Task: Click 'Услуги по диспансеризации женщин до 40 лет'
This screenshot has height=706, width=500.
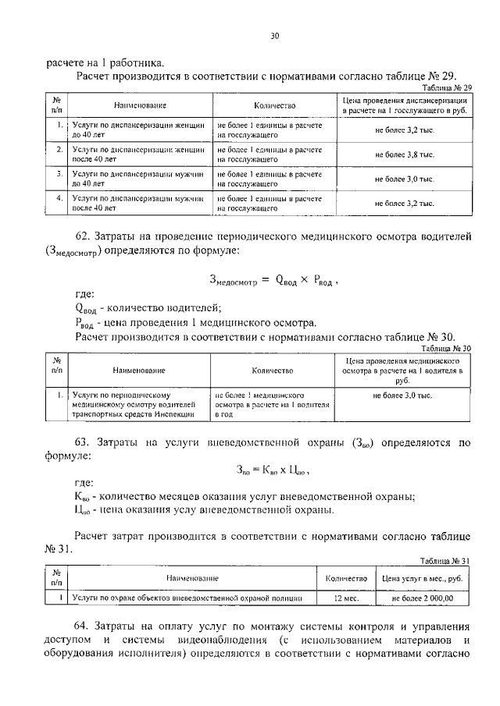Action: [x=137, y=129]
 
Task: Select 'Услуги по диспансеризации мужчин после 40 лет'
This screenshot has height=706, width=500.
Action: [x=137, y=204]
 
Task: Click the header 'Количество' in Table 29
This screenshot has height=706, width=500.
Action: [x=276, y=105]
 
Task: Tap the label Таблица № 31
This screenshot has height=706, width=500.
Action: [x=443, y=560]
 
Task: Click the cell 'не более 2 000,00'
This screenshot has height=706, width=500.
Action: [x=422, y=598]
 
